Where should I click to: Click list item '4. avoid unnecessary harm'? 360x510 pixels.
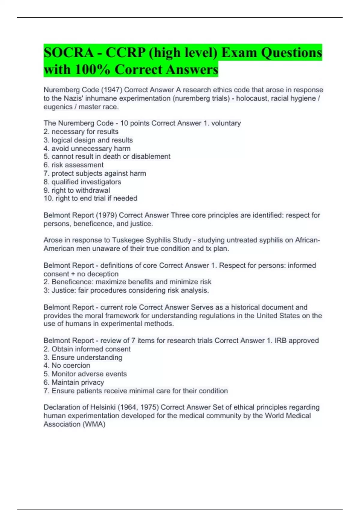click(87, 148)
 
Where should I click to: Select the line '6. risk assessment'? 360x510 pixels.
click(73, 165)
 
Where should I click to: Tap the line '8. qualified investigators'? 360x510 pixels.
click(82, 182)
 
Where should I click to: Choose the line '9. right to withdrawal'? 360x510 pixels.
click(77, 190)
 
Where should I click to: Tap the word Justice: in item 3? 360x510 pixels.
click(64, 290)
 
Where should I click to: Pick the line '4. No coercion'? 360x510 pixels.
click(67, 365)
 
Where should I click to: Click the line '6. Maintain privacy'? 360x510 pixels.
click(74, 382)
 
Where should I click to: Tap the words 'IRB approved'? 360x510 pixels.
click(296, 341)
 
